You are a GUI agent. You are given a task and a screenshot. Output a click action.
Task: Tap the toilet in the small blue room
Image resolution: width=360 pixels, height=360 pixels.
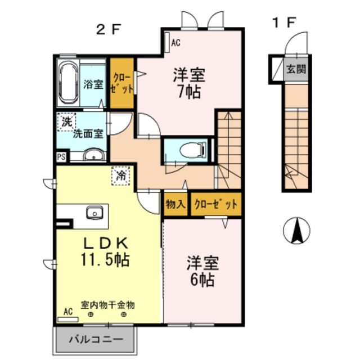coord(189,150)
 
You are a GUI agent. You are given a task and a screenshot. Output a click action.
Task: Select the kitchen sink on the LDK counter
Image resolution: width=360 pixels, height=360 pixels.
coord(93,213)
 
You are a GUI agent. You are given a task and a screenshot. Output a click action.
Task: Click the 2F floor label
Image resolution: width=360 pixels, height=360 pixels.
coord(109,29)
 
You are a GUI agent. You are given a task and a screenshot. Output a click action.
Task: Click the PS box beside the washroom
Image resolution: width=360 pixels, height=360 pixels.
coord(61,157)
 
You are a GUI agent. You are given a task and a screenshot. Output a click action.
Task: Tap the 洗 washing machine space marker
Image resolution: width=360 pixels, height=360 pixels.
coord(66,121)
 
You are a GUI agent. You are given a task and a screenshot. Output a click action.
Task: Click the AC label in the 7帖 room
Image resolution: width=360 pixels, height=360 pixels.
coord(175,42)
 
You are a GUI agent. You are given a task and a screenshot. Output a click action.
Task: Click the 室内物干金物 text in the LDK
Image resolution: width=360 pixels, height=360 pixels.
coord(107,304)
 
